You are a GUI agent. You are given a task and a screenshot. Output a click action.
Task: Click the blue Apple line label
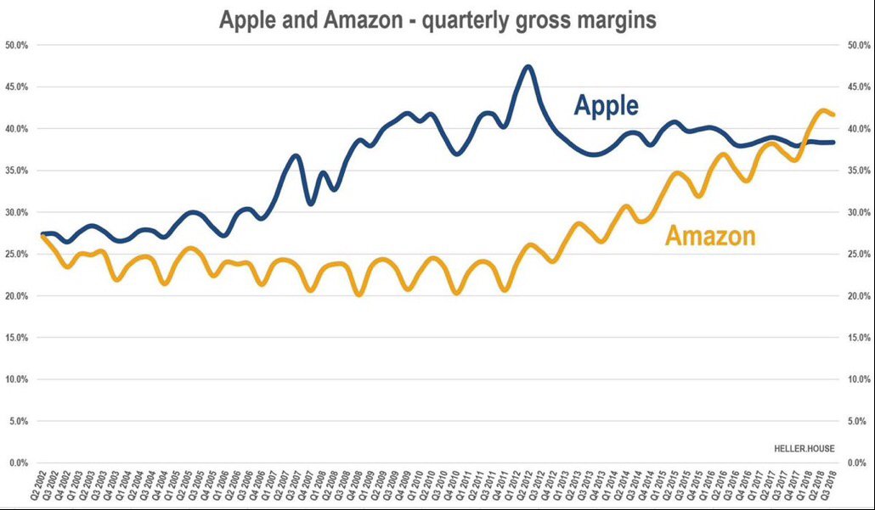pyautogui.click(x=606, y=105)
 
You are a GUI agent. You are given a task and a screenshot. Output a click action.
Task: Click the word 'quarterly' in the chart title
pyautogui.click(x=460, y=20)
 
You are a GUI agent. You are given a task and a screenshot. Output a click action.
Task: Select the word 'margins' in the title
pyautogui.click(x=614, y=20)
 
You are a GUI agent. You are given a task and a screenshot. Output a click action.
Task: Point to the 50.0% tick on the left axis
pyautogui.click(x=17, y=45)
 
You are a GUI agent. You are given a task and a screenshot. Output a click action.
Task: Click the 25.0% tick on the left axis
pyautogui.click(x=17, y=254)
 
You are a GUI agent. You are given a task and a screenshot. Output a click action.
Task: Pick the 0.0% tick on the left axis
pyautogui.click(x=19, y=462)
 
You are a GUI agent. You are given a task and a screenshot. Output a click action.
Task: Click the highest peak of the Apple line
pyautogui.click(x=528, y=66)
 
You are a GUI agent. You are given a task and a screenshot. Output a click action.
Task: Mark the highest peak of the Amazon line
pyautogui.click(x=822, y=110)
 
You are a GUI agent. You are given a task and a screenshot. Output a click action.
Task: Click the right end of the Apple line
pyautogui.click(x=833, y=143)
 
